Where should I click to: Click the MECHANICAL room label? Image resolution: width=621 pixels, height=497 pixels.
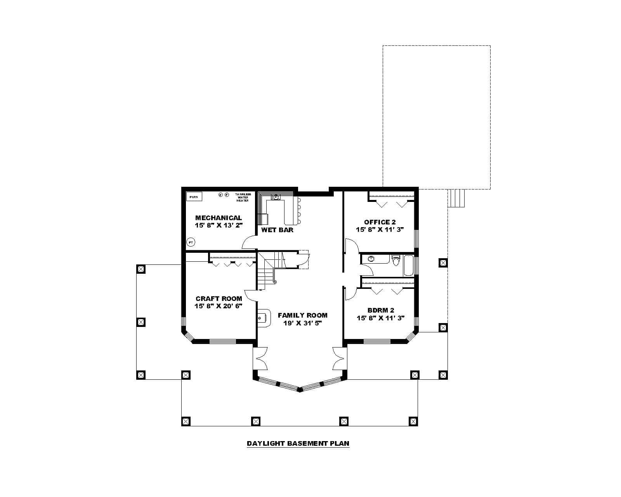(218, 218)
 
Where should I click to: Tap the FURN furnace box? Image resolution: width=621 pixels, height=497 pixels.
(194, 197)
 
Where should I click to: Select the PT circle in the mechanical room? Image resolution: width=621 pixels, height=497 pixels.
(191, 242)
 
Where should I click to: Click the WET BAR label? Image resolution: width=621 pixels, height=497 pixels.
(277, 230)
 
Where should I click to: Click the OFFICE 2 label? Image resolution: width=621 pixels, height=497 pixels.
(380, 222)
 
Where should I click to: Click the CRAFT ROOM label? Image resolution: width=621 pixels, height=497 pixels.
(219, 299)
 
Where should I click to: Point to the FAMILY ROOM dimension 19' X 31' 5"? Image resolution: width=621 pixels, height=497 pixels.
(302, 323)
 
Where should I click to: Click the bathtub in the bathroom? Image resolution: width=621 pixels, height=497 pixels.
(408, 265)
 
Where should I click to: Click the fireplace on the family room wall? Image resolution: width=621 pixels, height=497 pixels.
(263, 318)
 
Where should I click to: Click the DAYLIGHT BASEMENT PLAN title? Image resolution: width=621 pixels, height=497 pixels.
(298, 443)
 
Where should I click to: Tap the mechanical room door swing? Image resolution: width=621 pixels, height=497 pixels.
(248, 243)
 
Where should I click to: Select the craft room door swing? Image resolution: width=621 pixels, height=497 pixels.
(250, 295)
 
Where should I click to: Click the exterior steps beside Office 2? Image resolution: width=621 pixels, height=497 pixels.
(456, 198)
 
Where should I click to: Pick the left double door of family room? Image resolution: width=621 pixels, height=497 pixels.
(260, 358)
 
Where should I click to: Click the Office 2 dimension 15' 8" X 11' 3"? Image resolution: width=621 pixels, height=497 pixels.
(380, 229)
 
